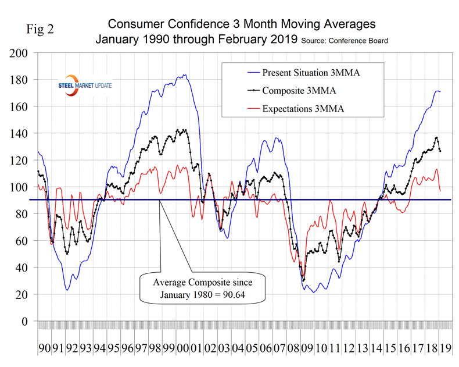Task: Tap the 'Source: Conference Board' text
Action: pyautogui.click(x=343, y=41)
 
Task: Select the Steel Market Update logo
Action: pyautogui.click(x=81, y=85)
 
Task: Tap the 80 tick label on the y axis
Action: pyautogui.click(x=22, y=214)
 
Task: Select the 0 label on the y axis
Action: pyautogui.click(x=26, y=321)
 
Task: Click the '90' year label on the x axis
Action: pyautogui.click(x=45, y=349)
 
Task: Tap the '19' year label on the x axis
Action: pyautogui.click(x=446, y=349)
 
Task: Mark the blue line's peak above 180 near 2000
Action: pyautogui.click(x=185, y=74)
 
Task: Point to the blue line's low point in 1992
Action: pyautogui.click(x=68, y=289)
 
